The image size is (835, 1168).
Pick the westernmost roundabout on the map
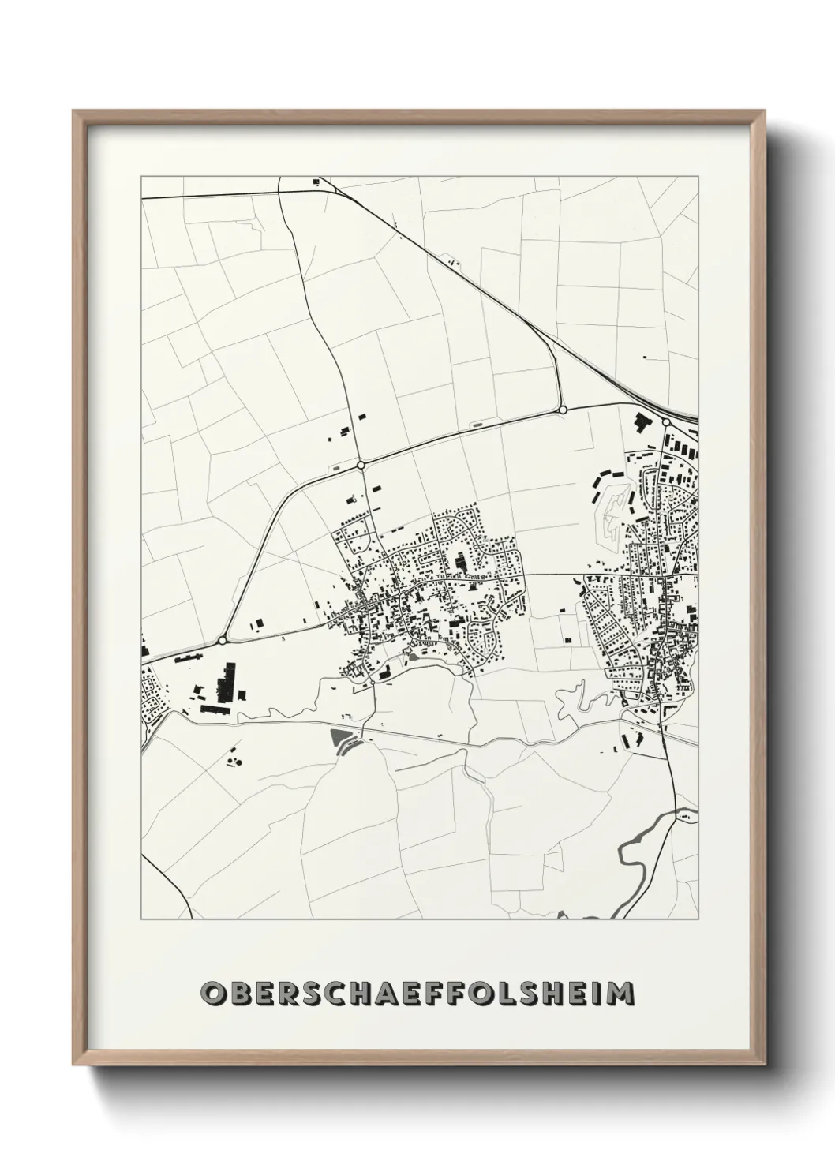point(223,640)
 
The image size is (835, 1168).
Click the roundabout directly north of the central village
point(361,466)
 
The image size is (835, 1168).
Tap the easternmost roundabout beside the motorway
point(666,422)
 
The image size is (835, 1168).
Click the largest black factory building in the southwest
point(230,682)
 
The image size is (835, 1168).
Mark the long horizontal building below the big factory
point(214,709)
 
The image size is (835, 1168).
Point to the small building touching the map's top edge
point(316,182)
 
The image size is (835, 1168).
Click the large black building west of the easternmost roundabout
point(640,421)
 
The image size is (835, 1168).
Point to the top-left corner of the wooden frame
point(74,112)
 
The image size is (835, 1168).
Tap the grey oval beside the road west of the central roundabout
point(338,469)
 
